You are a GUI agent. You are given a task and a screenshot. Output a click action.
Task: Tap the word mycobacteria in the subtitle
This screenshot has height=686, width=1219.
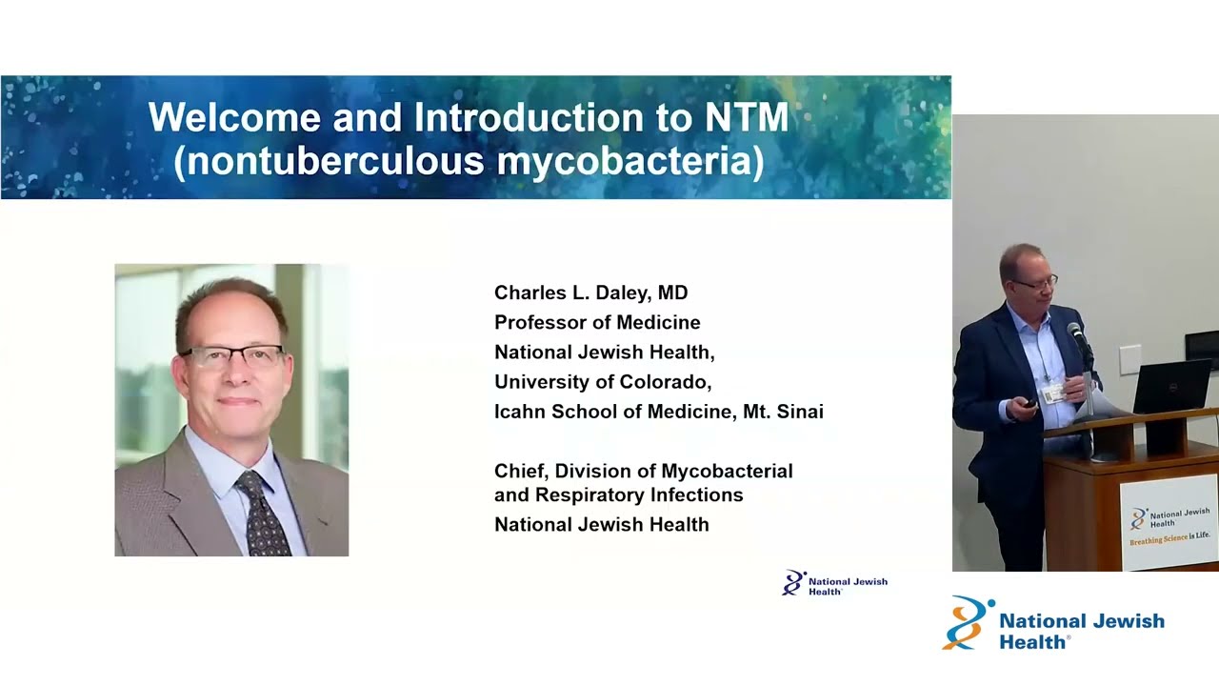(629, 161)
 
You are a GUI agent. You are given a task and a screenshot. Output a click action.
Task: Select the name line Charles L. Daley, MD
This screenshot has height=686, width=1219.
(590, 293)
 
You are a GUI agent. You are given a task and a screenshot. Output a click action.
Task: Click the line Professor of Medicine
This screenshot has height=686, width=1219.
(597, 322)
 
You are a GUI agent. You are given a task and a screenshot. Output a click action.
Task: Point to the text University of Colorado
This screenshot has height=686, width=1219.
(602, 382)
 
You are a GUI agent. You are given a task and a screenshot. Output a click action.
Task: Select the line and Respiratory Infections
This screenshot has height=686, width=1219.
(618, 495)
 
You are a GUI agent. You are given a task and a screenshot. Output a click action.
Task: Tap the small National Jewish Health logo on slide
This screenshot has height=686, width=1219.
(833, 583)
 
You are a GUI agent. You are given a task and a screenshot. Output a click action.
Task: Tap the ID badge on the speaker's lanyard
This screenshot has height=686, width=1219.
(1053, 393)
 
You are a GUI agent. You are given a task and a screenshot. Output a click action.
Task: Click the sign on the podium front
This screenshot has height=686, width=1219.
(1169, 522)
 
